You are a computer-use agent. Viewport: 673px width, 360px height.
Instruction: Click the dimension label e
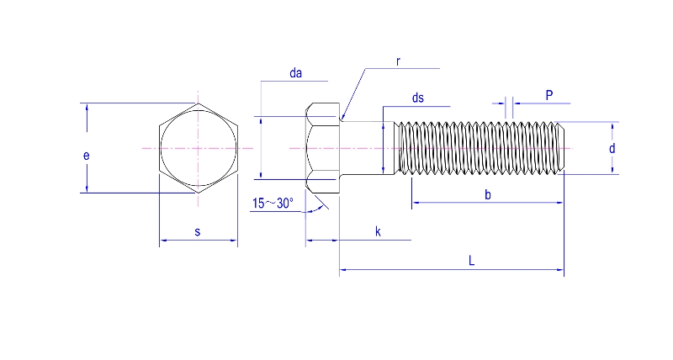[x=86, y=156]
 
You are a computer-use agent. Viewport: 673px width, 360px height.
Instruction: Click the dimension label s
[x=198, y=231]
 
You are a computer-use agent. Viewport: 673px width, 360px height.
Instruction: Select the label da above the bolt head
[x=295, y=74]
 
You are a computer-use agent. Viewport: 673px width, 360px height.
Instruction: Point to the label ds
[x=418, y=98]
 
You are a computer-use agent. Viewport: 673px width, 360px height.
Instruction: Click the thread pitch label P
[x=548, y=95]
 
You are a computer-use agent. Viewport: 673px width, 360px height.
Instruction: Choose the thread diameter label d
[x=612, y=148]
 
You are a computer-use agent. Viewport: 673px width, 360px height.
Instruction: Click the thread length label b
[x=488, y=195]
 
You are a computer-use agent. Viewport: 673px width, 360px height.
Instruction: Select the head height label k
[x=378, y=231]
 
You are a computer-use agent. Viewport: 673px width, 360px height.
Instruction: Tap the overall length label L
[x=472, y=262]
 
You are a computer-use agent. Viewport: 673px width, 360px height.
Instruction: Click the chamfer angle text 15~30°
[x=273, y=203]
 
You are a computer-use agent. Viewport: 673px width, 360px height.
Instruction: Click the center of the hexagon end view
[x=199, y=148]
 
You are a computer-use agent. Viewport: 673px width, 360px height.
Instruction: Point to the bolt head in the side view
[x=323, y=148]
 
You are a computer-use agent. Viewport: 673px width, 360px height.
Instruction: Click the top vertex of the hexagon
[x=199, y=103]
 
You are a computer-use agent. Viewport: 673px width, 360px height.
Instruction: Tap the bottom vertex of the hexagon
[x=199, y=193]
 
